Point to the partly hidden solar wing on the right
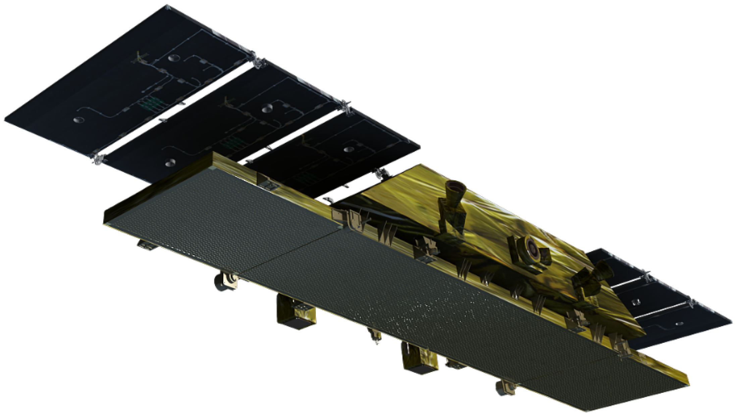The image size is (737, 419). [x=668, y=302]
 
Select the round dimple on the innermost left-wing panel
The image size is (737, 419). [x=349, y=149]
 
